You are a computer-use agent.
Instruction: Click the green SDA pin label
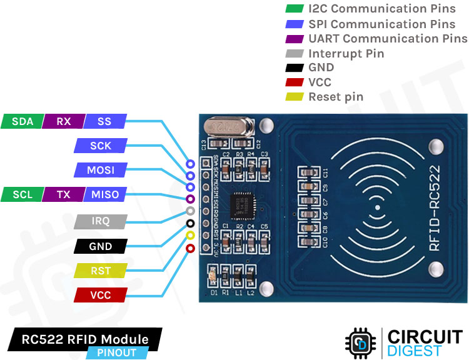tap(23, 121)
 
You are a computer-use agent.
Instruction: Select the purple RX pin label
tap(63, 121)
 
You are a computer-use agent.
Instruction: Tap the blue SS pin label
tap(104, 121)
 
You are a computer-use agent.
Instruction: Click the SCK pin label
tap(100, 146)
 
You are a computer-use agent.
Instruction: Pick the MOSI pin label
tap(100, 170)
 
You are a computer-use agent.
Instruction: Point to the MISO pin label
tap(104, 194)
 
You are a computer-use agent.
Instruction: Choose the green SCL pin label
tap(23, 194)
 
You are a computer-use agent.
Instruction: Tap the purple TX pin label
tap(63, 194)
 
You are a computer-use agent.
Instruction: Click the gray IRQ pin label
tap(100, 221)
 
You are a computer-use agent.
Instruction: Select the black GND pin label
tap(100, 246)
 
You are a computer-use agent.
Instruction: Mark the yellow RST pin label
tap(100, 271)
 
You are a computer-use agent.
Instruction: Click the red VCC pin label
tap(100, 295)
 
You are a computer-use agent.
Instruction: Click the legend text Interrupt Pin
tap(346, 54)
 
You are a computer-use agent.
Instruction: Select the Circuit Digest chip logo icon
tap(360, 342)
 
